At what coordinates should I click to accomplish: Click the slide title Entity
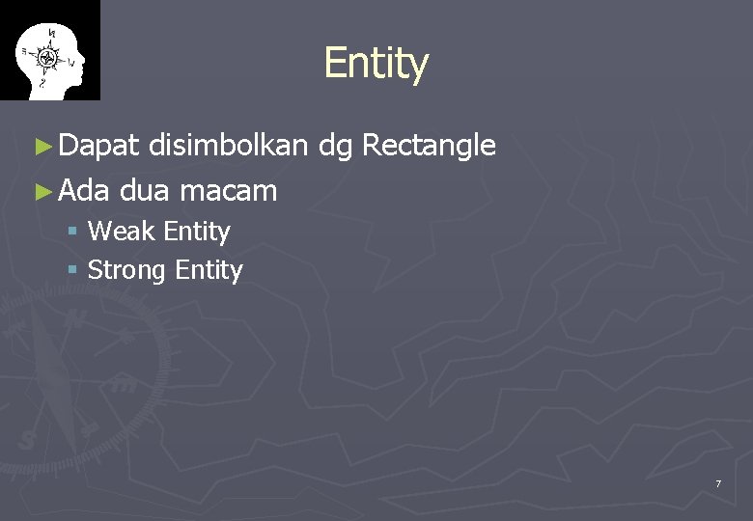coord(376,64)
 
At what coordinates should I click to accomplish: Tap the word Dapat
coord(99,146)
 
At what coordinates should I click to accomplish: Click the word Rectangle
coord(429,147)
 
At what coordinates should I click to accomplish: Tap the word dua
coord(145,190)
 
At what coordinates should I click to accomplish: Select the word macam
coord(228,190)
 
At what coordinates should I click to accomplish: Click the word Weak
coord(122,232)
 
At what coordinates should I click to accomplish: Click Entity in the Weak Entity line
coord(197,232)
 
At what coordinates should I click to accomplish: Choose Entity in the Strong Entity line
coord(209,271)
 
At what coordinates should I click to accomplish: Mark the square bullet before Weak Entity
coord(73,233)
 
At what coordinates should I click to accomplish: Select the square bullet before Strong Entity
coord(73,271)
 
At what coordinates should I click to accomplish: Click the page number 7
coord(717,483)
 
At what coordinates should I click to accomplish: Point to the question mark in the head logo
coord(41,84)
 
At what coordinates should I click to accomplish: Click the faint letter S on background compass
coord(26,439)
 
